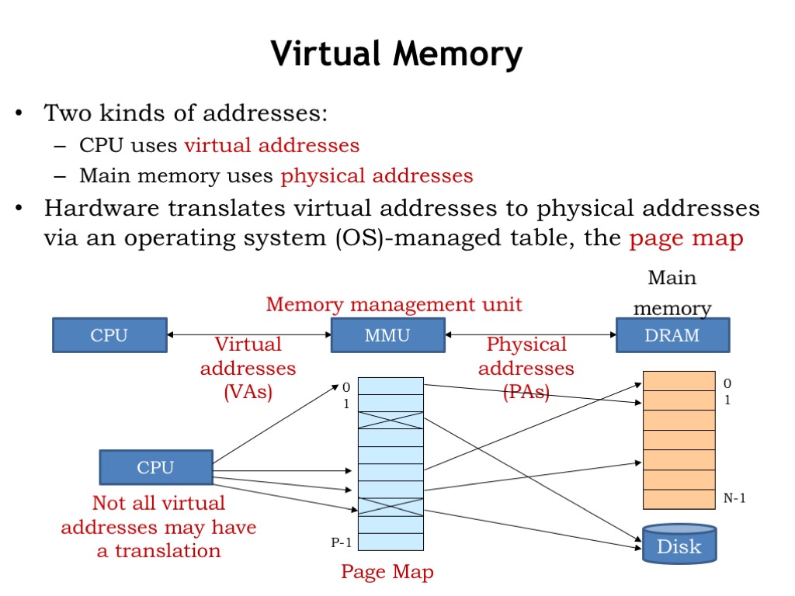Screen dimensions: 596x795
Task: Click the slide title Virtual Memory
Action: point(397,55)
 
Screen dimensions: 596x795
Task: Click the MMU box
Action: point(387,335)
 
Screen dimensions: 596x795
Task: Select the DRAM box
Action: point(672,335)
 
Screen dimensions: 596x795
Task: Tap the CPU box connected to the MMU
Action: point(109,335)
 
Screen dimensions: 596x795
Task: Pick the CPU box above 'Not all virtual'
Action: point(155,467)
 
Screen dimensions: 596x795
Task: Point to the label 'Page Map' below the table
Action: point(387,572)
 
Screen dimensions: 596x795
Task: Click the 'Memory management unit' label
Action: point(394,303)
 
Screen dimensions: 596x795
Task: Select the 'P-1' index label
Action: point(342,542)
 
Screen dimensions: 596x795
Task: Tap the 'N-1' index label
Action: point(734,498)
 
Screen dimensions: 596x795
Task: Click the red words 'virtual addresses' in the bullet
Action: point(272,145)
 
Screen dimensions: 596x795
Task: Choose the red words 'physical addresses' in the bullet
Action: point(377,176)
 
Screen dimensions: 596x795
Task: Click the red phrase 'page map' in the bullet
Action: point(686,237)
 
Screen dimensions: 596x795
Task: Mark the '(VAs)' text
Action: point(248,392)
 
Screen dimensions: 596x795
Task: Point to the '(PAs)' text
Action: point(526,392)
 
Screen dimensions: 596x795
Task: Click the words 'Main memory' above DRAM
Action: point(672,293)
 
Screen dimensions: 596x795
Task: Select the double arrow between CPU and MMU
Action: point(249,335)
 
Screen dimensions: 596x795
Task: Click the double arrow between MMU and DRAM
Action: point(530,335)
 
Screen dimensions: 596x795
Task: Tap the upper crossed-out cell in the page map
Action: point(391,420)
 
